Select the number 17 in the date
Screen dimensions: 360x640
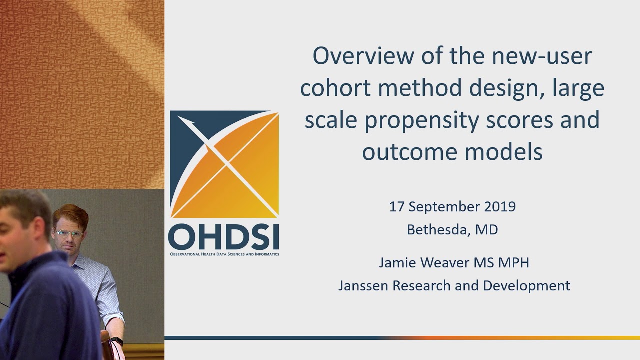pos(396,207)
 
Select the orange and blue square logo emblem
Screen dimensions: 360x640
pos(224,164)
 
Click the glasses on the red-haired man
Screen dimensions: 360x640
pos(68,233)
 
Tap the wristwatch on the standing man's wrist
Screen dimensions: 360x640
pos(117,341)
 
